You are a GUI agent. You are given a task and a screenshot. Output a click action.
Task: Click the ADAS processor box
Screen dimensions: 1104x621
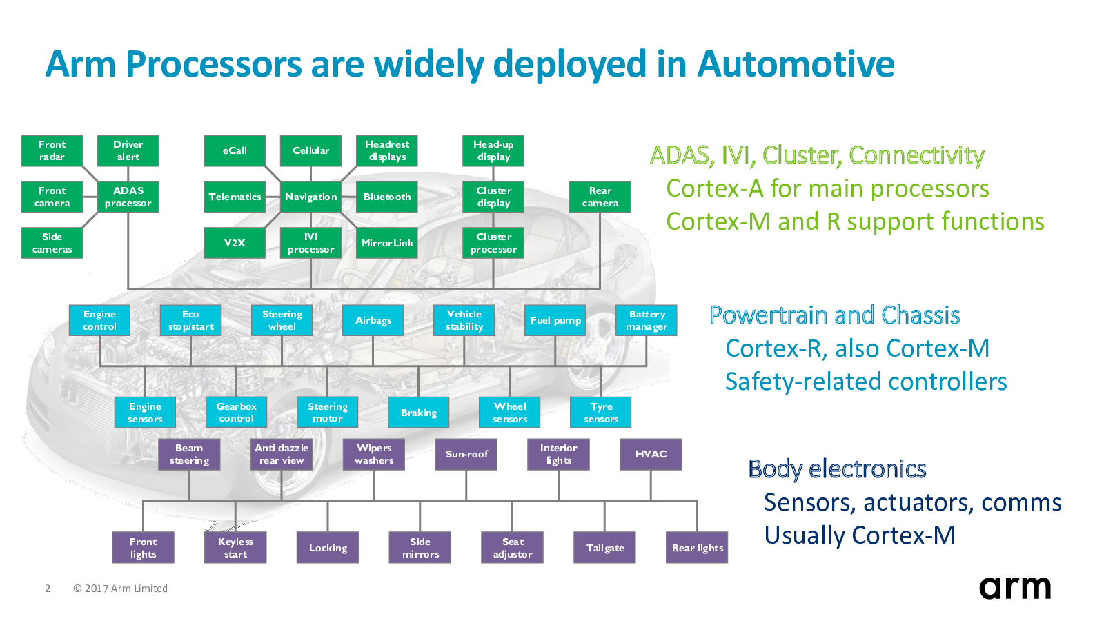128,197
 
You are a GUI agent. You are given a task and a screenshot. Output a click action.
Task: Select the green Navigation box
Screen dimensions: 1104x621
310,197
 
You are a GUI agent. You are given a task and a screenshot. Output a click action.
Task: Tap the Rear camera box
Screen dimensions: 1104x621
600,197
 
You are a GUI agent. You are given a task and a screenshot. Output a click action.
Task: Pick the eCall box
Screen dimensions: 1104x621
235,151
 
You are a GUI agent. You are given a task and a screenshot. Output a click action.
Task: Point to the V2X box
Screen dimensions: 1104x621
235,242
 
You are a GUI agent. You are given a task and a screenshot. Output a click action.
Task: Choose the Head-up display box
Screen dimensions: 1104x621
493,151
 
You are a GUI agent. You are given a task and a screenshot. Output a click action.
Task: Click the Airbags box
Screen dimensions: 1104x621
373,320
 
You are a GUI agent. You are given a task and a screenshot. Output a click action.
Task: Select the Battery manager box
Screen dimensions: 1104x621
646,320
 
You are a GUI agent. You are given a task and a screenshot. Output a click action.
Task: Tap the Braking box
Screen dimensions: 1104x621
418,413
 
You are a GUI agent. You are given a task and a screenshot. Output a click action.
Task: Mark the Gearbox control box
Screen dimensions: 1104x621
236,413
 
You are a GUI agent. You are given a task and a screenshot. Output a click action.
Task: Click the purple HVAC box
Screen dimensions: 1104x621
651,455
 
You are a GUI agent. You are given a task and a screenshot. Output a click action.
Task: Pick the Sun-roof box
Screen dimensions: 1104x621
466,455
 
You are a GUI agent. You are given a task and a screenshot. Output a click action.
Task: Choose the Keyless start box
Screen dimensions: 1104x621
235,548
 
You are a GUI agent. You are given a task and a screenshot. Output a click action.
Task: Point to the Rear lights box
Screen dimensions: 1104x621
697,548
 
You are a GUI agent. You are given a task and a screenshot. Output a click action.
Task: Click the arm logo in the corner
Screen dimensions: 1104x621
1015,587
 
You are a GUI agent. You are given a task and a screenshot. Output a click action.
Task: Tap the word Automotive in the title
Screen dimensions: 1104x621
796,64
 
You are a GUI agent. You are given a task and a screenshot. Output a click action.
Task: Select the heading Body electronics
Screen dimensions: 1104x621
838,469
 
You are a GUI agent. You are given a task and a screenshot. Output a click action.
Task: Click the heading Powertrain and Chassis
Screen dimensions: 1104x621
834,315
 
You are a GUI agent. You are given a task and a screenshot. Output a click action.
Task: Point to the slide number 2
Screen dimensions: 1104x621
48,589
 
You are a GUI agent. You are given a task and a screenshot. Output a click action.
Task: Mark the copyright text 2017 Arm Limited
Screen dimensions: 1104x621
126,589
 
